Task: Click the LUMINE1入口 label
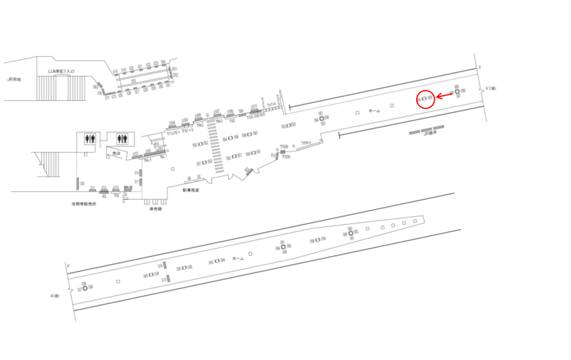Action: (61, 71)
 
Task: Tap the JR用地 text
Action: (14, 79)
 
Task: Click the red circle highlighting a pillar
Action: (425, 99)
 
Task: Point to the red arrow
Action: (444, 95)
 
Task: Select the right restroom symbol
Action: (123, 138)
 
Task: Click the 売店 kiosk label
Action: (117, 154)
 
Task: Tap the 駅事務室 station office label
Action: (191, 190)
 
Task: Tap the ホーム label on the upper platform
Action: (374, 111)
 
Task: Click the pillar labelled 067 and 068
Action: (457, 91)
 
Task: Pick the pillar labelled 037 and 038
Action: (85, 288)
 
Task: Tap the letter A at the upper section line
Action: (479, 67)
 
